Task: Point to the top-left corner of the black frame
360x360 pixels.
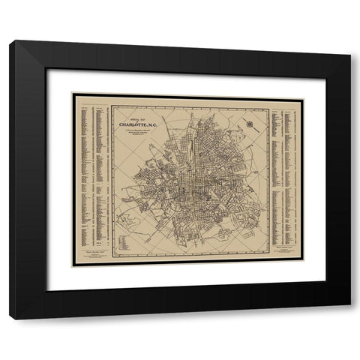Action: click(10, 41)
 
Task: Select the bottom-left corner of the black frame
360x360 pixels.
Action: click(10, 319)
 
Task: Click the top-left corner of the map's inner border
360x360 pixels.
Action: click(113, 105)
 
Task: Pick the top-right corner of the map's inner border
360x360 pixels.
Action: click(269, 105)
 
